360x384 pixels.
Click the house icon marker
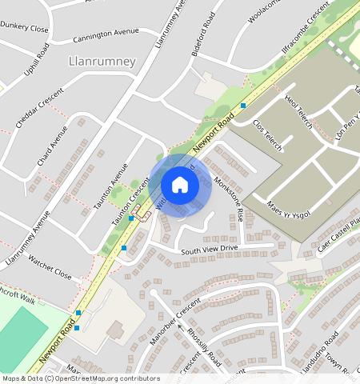click(x=180, y=186)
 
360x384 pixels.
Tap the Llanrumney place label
click(x=103, y=62)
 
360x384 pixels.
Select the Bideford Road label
click(x=204, y=33)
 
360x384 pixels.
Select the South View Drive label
click(x=209, y=250)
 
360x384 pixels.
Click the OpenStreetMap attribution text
click(x=80, y=378)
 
